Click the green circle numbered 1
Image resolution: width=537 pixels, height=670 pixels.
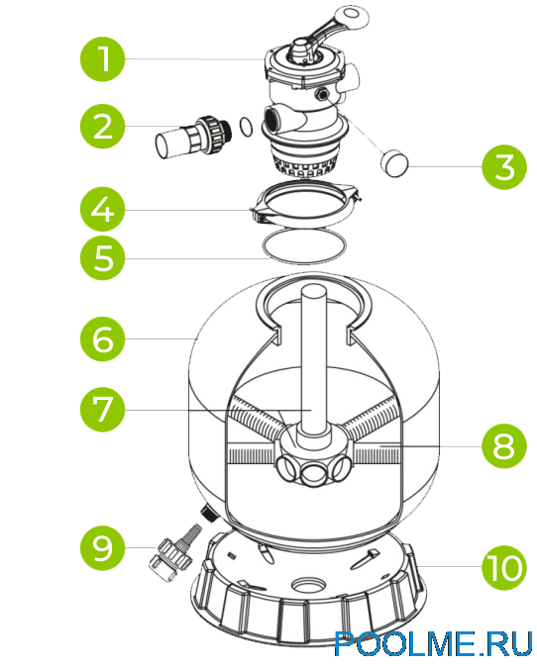(102, 59)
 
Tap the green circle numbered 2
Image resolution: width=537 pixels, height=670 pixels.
(102, 127)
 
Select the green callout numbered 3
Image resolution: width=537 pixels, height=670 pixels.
(504, 166)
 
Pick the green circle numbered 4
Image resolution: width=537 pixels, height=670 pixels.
(102, 210)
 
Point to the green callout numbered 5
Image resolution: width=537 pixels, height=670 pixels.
(102, 258)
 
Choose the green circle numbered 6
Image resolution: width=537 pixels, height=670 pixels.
(102, 338)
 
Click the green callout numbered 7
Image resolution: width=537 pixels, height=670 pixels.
(102, 410)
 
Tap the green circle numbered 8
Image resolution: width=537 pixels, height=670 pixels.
(504, 446)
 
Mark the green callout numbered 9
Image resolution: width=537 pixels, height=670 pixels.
(102, 548)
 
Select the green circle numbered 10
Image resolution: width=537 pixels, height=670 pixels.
(504, 568)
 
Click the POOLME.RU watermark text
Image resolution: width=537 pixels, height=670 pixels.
(433, 644)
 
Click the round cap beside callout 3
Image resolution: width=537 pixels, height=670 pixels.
(394, 162)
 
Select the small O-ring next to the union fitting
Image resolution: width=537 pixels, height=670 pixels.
(246, 127)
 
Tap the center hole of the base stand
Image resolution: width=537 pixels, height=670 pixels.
(308, 585)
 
